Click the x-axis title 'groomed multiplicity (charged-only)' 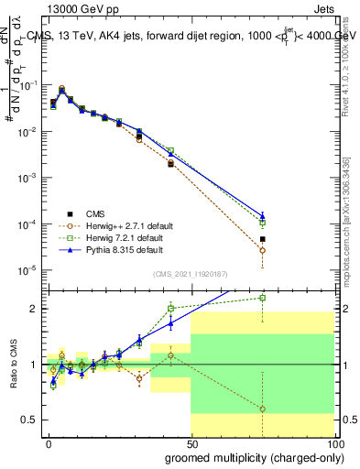[x=250, y=457]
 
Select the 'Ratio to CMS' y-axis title [x=13, y=364]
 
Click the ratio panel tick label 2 [x=33, y=309]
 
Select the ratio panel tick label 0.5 [x=29, y=420]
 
